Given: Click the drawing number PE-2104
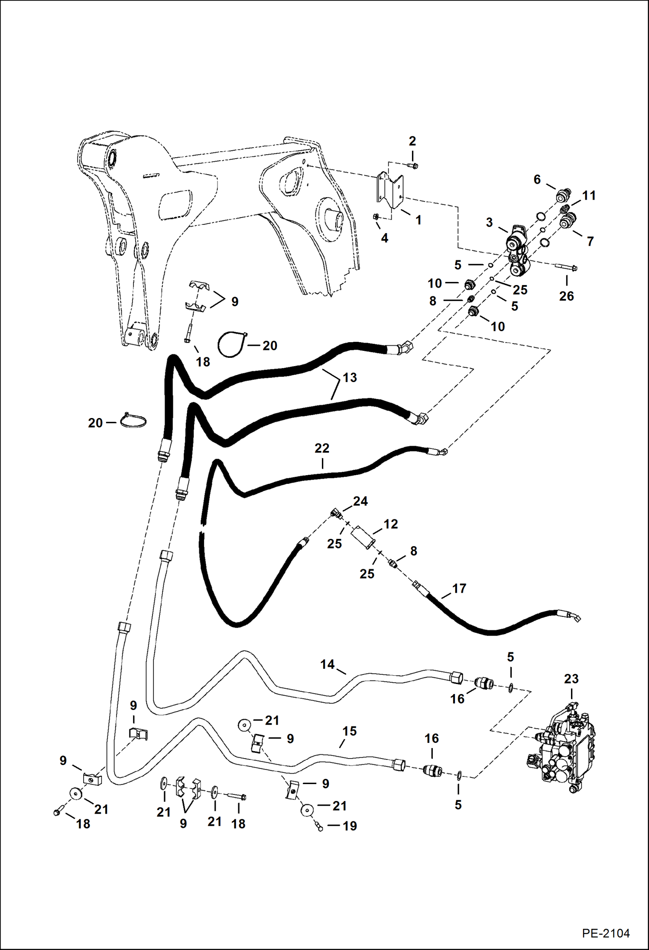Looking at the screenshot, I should click(x=605, y=933).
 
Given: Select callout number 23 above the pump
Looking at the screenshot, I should click(x=571, y=679).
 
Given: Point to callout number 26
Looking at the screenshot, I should click(x=566, y=296).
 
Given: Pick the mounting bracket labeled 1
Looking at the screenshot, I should click(x=390, y=191).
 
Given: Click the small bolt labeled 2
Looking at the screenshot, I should click(x=413, y=165).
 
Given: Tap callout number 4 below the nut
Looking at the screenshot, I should click(x=384, y=238).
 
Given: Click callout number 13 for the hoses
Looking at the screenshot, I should click(x=350, y=377).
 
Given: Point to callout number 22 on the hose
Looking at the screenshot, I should click(x=321, y=448).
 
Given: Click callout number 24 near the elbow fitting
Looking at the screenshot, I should click(x=360, y=501).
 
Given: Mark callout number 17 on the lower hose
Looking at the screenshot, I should click(x=459, y=588).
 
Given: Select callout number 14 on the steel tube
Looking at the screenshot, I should click(x=327, y=665).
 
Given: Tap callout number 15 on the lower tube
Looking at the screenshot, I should click(x=349, y=731).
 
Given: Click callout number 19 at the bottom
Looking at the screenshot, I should click(x=350, y=826).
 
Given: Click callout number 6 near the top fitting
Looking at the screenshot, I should click(x=537, y=179).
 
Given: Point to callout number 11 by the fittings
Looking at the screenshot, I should click(x=589, y=195).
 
